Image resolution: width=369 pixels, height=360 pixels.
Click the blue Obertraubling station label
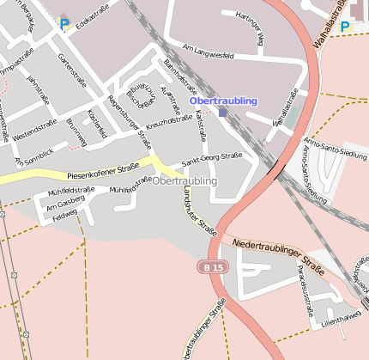pos(222,101)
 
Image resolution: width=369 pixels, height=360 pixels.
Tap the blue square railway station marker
pos(222,112)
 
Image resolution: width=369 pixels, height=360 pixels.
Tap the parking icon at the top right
pos(345,27)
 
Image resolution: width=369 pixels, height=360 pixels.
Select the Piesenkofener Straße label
pos(102,169)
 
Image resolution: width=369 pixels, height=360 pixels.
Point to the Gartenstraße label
pos(72,70)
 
